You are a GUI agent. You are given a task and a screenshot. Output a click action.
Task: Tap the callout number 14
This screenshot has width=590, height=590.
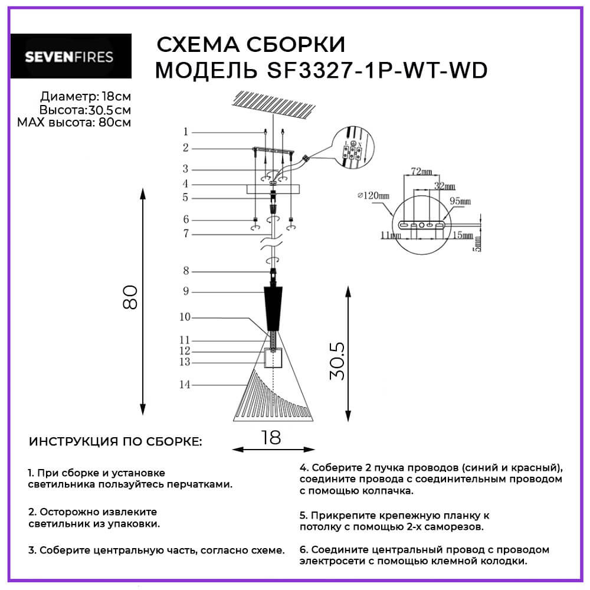click(185, 385)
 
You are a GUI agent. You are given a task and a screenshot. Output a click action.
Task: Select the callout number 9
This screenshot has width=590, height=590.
click(185, 291)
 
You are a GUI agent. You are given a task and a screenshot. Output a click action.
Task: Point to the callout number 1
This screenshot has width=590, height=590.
click(185, 132)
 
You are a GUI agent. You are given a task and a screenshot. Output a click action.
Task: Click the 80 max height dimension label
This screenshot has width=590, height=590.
click(132, 297)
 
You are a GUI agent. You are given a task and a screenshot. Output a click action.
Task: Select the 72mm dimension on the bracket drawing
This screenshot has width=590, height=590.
click(420, 172)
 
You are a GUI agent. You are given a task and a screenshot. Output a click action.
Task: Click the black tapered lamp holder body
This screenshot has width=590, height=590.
click(273, 308)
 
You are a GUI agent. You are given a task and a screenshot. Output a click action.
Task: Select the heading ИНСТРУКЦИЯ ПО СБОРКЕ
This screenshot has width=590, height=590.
click(116, 442)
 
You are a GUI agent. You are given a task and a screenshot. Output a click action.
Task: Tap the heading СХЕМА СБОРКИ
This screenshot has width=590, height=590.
click(250, 45)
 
